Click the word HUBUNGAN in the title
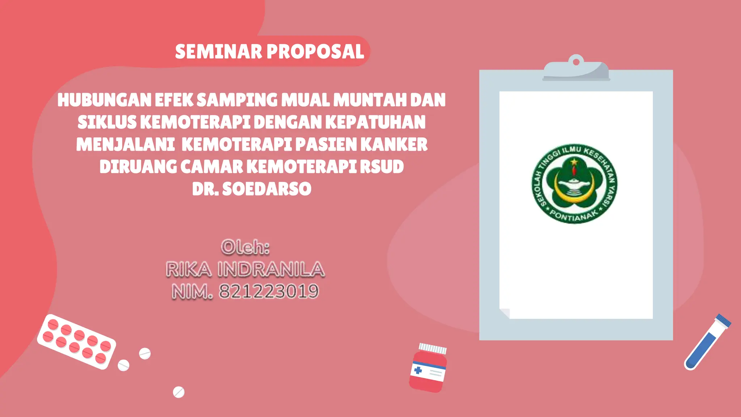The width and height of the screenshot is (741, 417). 104,100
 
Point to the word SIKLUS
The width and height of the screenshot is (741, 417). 107,122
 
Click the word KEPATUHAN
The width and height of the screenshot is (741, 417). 375,122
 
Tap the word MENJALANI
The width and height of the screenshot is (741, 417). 126,144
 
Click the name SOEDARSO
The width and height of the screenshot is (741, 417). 267,189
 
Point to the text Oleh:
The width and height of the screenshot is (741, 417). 245,247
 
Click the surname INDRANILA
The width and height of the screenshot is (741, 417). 271,269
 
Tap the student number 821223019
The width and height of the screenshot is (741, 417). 269,291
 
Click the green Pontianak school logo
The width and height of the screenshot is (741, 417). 574,184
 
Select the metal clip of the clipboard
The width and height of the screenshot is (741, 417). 576,69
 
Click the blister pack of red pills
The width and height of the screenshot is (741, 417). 76,341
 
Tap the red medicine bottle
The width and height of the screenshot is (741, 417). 428,369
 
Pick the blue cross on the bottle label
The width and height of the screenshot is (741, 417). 418,370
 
